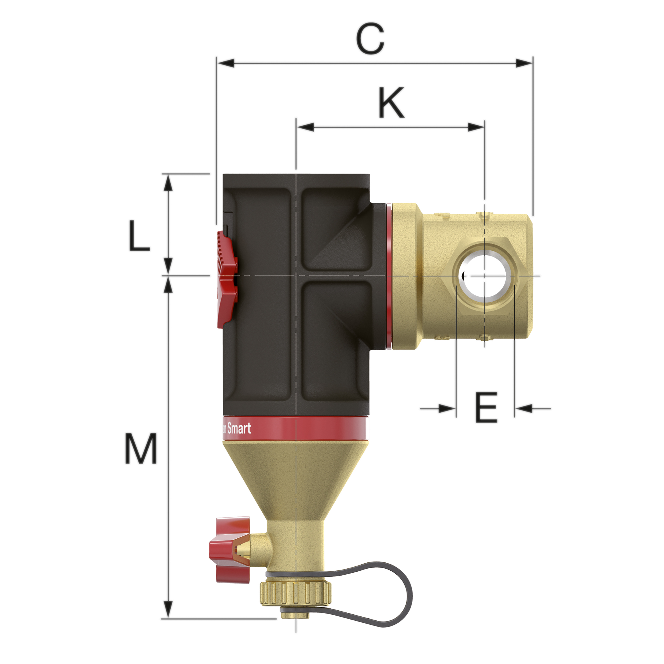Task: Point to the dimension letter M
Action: (x=141, y=448)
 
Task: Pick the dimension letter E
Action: (x=486, y=408)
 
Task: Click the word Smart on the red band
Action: (x=239, y=429)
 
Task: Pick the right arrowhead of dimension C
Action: (x=524, y=63)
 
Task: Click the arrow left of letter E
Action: (x=447, y=409)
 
